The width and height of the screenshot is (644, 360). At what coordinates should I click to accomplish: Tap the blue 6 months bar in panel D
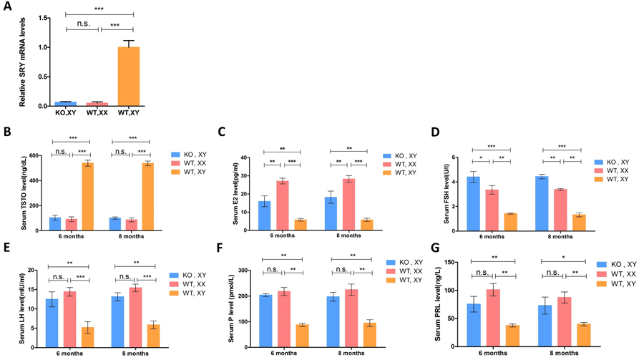click(x=473, y=203)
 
